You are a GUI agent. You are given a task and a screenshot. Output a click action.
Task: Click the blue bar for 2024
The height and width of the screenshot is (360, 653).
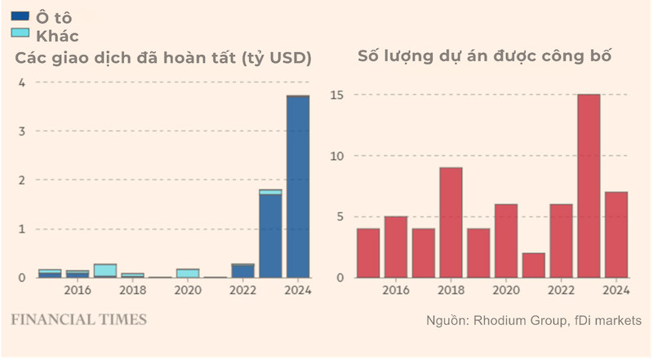point(298,187)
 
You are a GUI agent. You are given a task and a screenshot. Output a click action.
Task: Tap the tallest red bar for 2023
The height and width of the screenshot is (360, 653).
point(589,186)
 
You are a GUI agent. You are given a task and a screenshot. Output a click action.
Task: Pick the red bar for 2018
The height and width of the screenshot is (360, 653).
point(451,222)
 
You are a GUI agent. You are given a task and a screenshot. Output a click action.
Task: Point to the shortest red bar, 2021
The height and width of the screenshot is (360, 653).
point(534,265)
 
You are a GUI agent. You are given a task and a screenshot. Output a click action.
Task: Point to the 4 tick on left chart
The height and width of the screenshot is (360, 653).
point(22,82)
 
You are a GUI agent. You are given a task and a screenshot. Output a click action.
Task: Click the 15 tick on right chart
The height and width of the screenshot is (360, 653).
point(337,96)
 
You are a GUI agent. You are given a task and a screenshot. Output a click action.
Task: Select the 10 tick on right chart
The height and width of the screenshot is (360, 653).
point(337,156)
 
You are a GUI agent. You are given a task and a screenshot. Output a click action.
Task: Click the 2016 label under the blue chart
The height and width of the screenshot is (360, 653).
point(77,291)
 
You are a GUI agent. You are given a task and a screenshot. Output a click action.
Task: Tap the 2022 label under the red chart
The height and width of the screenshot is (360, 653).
point(561,291)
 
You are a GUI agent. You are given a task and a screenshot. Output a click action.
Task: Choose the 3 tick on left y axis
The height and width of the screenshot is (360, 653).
point(22,131)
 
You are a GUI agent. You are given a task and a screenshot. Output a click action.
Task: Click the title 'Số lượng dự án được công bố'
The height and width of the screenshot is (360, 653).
point(485,56)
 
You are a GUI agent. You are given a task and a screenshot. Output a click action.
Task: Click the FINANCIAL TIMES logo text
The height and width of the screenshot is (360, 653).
point(78,318)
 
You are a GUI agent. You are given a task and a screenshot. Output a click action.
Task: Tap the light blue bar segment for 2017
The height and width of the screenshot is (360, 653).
point(105,270)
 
